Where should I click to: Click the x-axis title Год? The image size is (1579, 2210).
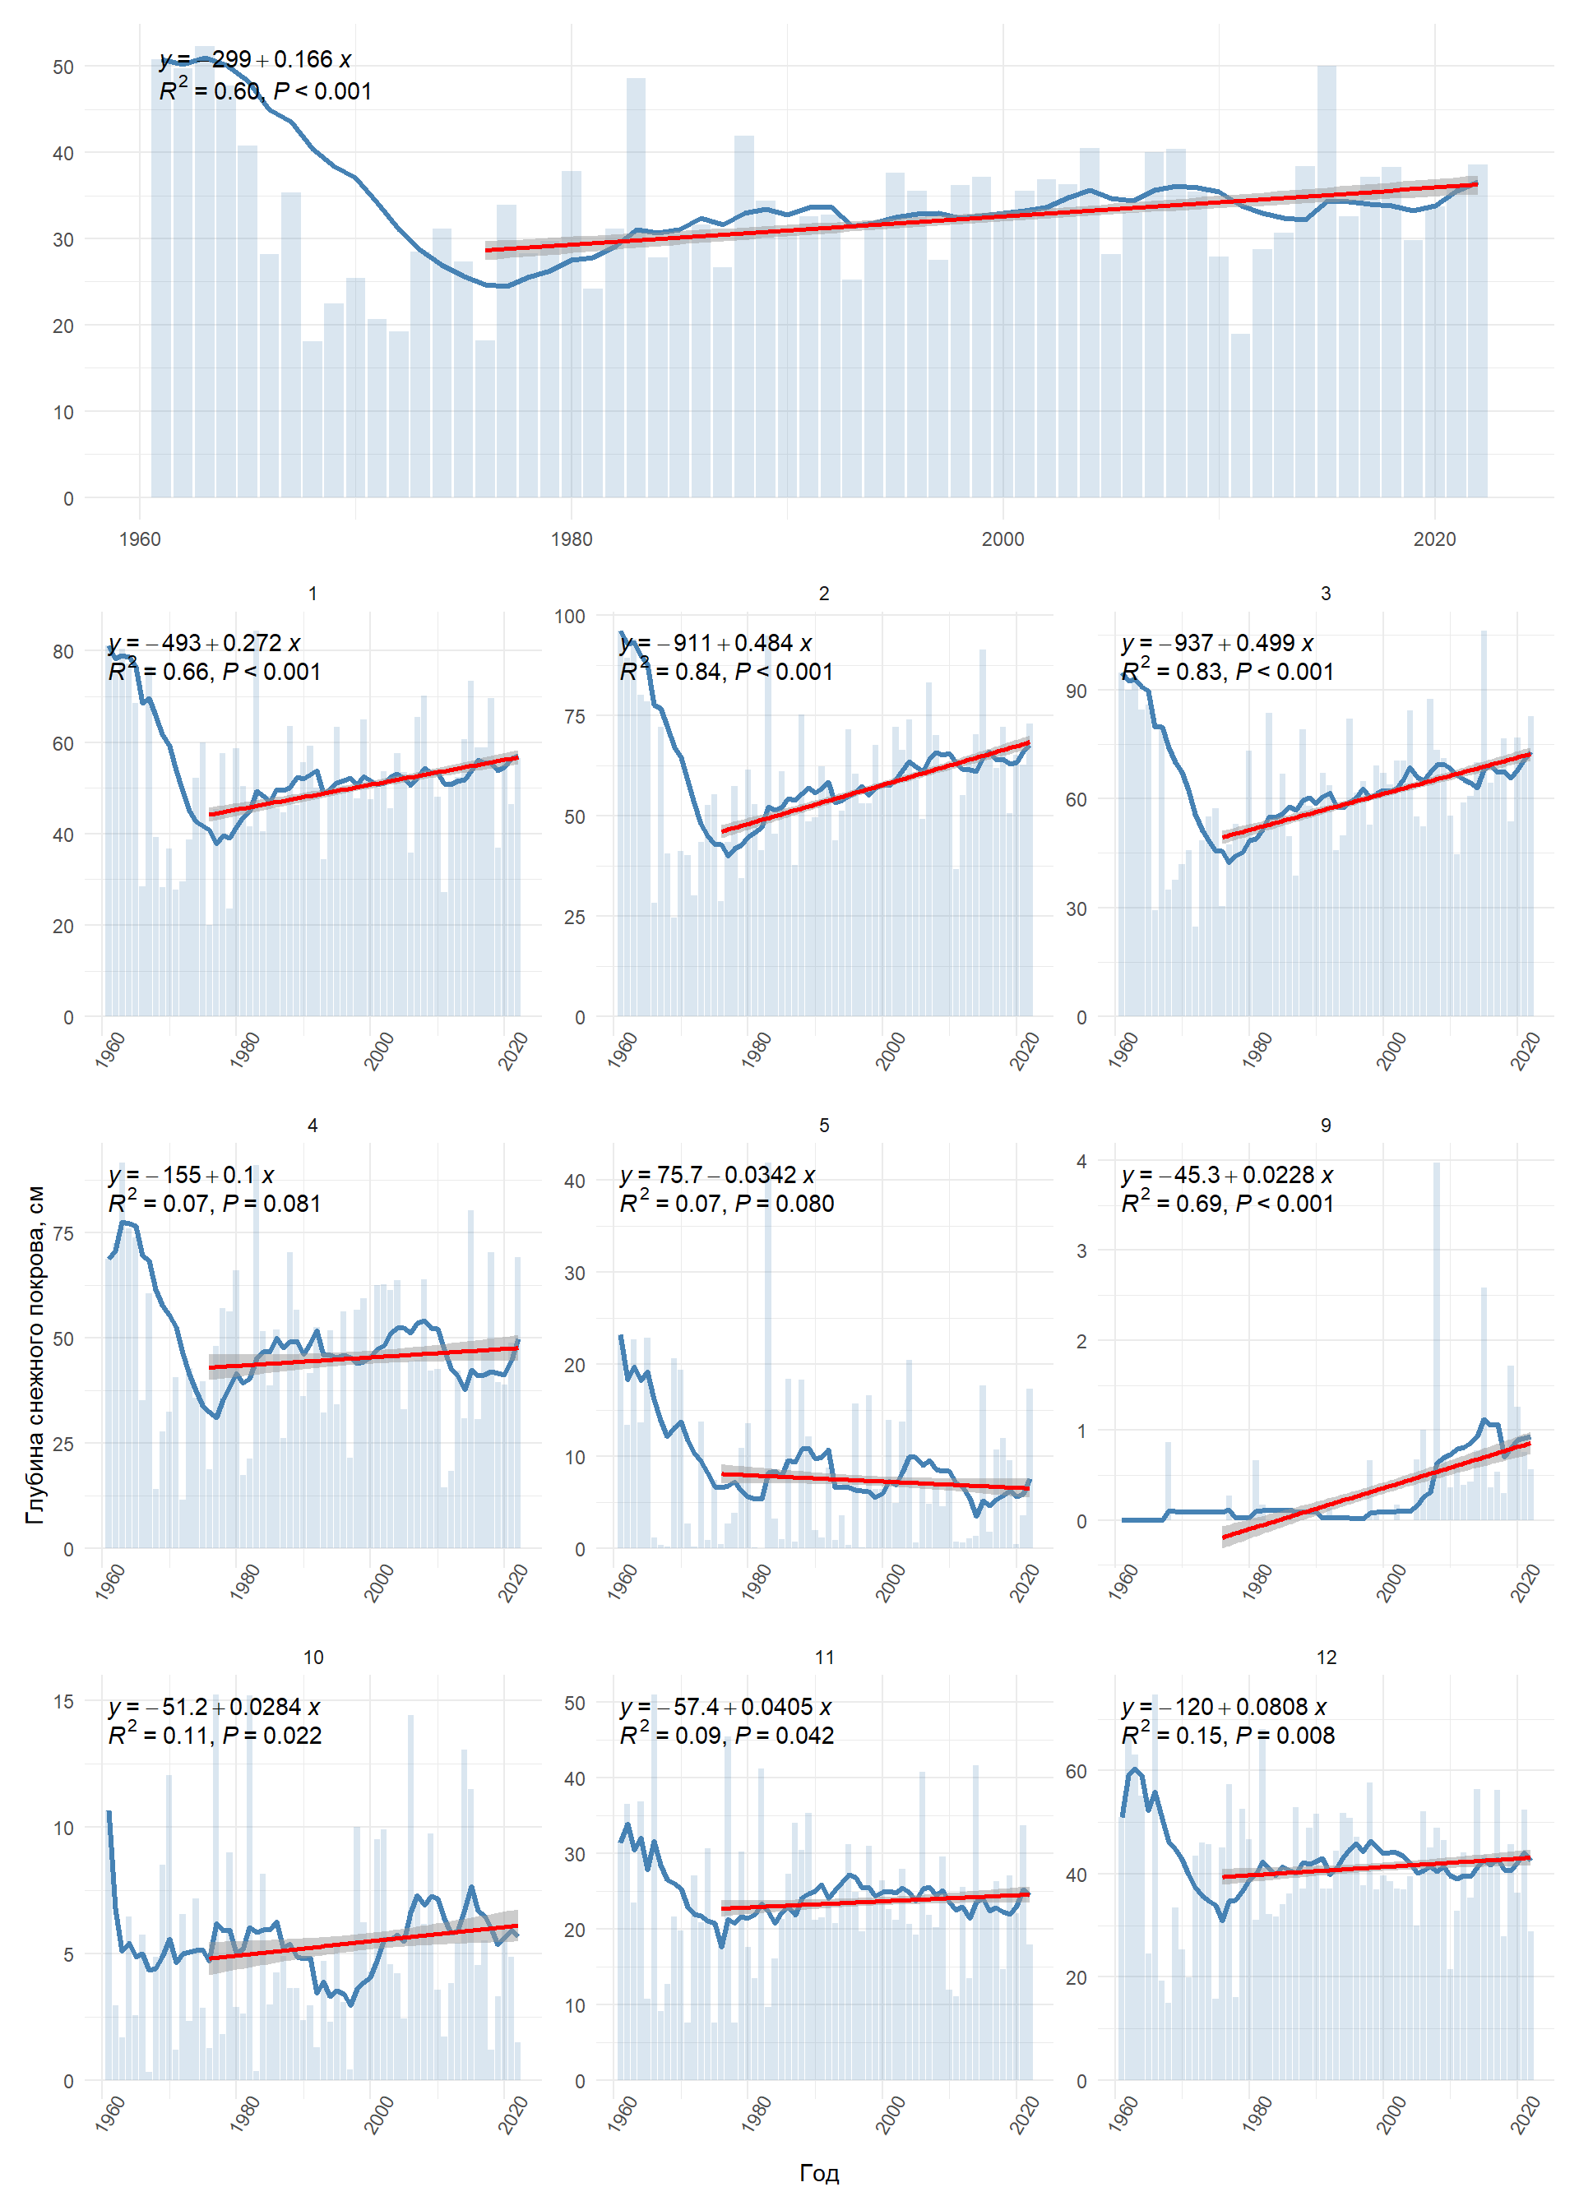tap(818, 2173)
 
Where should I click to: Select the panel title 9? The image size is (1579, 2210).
tap(1325, 1125)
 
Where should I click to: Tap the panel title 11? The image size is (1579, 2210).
tap(825, 1657)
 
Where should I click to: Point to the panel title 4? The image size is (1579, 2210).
tap(313, 1125)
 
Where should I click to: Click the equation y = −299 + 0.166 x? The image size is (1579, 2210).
tap(255, 59)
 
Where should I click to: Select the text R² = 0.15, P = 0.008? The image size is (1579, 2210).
tap(1228, 1736)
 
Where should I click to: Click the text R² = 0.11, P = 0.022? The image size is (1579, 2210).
tap(215, 1736)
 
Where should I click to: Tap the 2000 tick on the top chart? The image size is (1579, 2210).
tap(1003, 539)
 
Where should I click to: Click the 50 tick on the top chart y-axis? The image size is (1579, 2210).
tap(63, 67)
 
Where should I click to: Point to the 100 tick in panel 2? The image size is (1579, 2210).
tap(570, 616)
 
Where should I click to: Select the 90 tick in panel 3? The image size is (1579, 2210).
tap(1076, 691)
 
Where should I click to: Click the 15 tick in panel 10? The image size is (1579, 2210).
tap(63, 1702)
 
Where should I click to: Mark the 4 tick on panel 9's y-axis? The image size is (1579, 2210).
tap(1081, 1162)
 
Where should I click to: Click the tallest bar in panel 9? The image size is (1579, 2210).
tap(1436, 1341)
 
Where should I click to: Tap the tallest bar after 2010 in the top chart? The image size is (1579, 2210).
tap(1327, 282)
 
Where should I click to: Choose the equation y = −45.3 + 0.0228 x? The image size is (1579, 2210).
tap(1227, 1175)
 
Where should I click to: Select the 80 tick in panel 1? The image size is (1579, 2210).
tap(63, 652)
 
